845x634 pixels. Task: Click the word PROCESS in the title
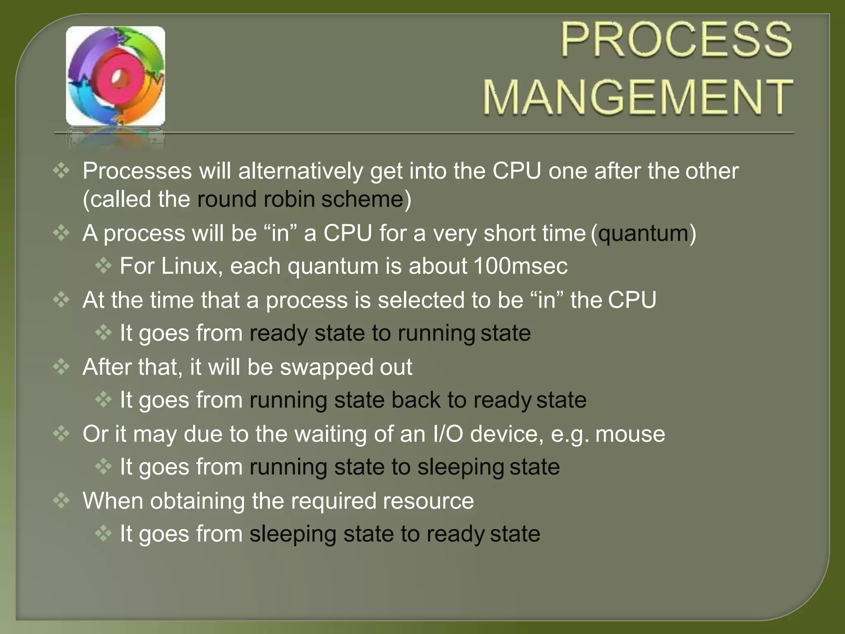(676, 40)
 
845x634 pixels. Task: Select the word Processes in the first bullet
(137, 171)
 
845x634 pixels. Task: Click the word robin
(289, 199)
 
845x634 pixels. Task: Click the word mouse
(630, 434)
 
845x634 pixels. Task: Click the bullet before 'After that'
(61, 367)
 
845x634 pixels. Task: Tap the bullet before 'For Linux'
(103, 266)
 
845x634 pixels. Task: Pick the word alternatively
(300, 171)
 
